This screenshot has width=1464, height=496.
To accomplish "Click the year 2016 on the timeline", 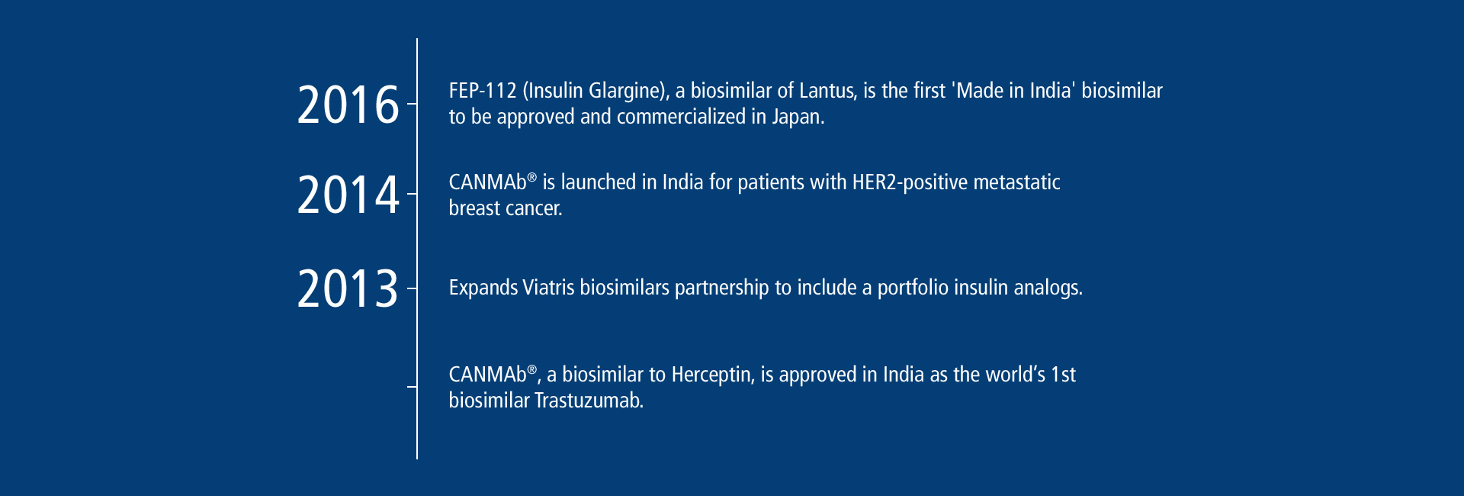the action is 348,105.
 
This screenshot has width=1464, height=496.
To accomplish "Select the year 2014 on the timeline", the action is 348,195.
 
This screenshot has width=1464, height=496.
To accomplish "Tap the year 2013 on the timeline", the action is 348,288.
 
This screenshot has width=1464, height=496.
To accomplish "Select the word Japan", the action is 798,117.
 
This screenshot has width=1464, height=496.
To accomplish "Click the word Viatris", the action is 548,288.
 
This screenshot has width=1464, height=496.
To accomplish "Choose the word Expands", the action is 483,288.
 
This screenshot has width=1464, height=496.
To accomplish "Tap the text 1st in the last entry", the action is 1063,375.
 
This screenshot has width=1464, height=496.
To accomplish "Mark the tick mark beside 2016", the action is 412,103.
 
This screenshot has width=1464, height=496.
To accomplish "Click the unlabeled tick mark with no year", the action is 412,387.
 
